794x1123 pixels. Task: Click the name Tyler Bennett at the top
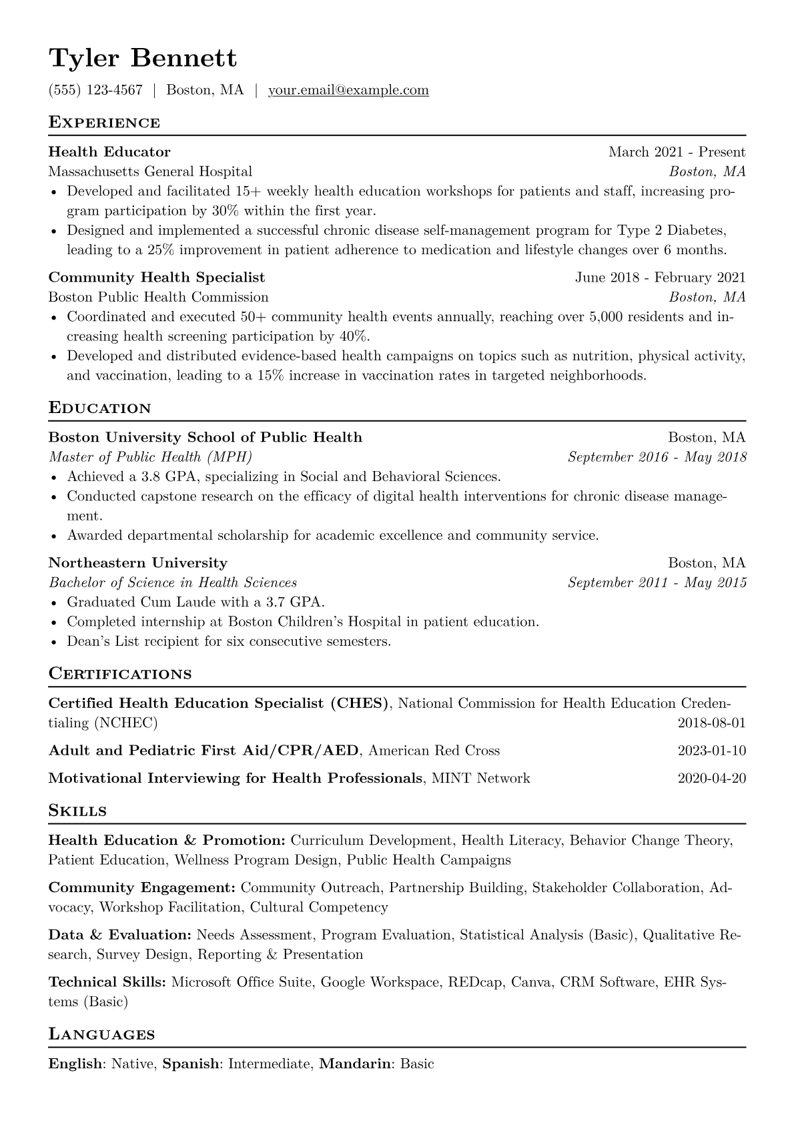pyautogui.click(x=143, y=59)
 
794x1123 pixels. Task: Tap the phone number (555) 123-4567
pyautogui.click(x=95, y=90)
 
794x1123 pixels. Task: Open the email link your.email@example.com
pyautogui.click(x=348, y=90)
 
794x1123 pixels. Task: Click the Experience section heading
pyautogui.click(x=104, y=123)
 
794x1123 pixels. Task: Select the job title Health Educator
pyautogui.click(x=109, y=152)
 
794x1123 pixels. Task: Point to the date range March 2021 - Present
pyautogui.click(x=677, y=152)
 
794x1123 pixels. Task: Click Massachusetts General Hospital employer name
pyautogui.click(x=150, y=171)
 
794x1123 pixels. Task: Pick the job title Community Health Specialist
pyautogui.click(x=157, y=278)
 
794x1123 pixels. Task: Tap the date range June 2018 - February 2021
pyautogui.click(x=660, y=278)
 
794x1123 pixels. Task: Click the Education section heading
pyautogui.click(x=100, y=408)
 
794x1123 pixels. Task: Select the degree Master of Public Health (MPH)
pyautogui.click(x=151, y=457)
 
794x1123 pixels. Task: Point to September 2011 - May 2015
pyautogui.click(x=657, y=583)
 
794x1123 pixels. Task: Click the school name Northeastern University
pyautogui.click(x=138, y=563)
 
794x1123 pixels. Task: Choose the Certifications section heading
pyautogui.click(x=120, y=674)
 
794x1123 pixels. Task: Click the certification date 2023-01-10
pyautogui.click(x=711, y=751)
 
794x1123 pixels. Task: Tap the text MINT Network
pyautogui.click(x=481, y=778)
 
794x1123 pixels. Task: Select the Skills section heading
pyautogui.click(x=77, y=811)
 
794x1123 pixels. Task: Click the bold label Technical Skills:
pyautogui.click(x=107, y=982)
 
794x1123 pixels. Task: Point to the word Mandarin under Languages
pyautogui.click(x=355, y=1064)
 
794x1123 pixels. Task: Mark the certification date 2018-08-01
pyautogui.click(x=711, y=723)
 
